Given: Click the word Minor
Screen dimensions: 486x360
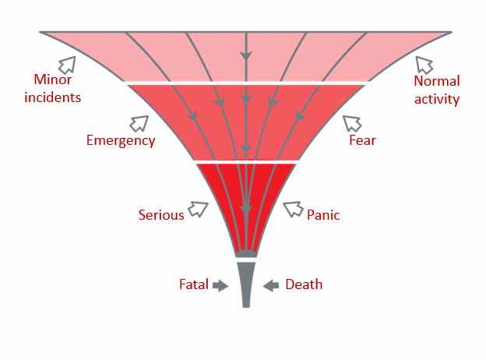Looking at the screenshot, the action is pyautogui.click(x=53, y=79).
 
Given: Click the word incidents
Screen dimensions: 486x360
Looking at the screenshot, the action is pyautogui.click(x=53, y=97).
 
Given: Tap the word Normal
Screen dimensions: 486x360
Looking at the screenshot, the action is pyautogui.click(x=437, y=81).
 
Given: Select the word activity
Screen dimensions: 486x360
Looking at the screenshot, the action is pyautogui.click(x=437, y=99).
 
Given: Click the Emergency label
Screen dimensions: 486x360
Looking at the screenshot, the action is pyautogui.click(x=121, y=140).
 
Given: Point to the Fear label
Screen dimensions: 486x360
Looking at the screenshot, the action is pyautogui.click(x=362, y=140).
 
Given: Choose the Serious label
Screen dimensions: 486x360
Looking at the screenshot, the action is pyautogui.click(x=161, y=215).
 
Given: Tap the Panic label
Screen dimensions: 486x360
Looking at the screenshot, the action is pyautogui.click(x=323, y=215).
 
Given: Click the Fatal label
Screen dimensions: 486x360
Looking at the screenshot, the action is pyautogui.click(x=194, y=284).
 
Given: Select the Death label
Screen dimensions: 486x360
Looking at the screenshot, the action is pyautogui.click(x=304, y=284).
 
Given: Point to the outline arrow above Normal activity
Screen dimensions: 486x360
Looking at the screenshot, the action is pyautogui.click(x=423, y=64).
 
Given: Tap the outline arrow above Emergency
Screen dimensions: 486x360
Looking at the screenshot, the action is pyautogui.click(x=139, y=123).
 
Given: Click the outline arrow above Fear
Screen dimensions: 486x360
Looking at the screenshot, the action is pyautogui.click(x=351, y=123).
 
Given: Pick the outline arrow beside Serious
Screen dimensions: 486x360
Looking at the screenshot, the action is pyautogui.click(x=199, y=209).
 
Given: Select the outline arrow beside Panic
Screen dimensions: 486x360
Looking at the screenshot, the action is pyautogui.click(x=292, y=209).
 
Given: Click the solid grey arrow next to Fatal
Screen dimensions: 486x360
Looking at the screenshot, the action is pyautogui.click(x=220, y=285).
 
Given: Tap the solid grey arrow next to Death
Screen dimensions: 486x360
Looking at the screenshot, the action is pyautogui.click(x=271, y=285).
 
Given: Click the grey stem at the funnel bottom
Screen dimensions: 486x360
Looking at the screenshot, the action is pyautogui.click(x=246, y=284).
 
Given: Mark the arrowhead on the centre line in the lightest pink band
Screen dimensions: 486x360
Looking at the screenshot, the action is pyautogui.click(x=246, y=56).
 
